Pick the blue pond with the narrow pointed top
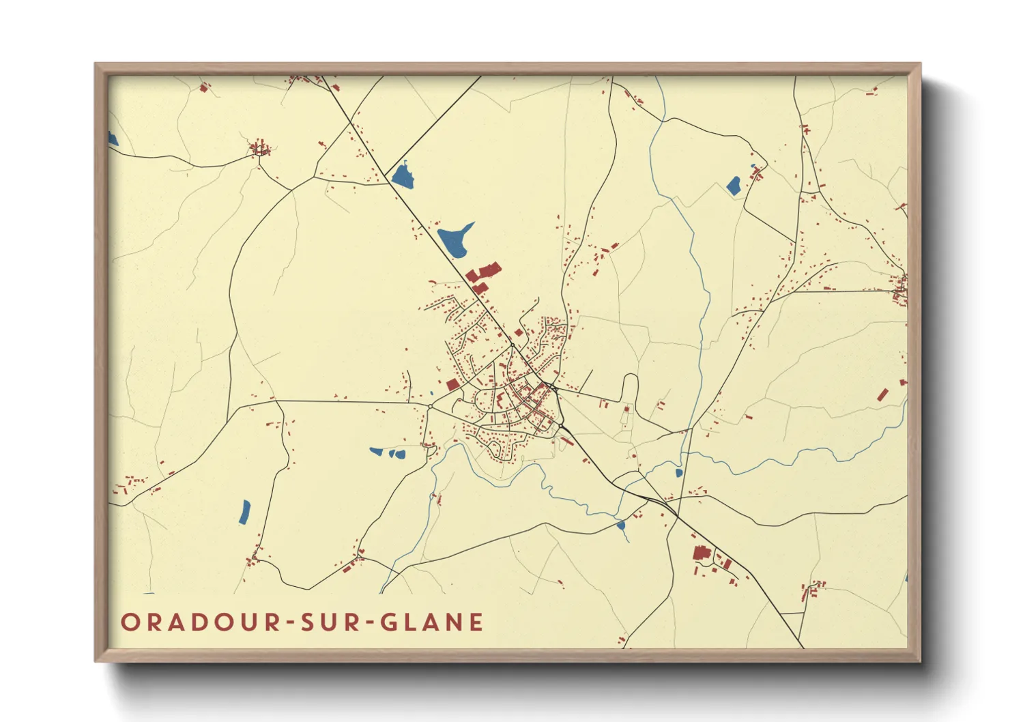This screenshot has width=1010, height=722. pos(403,177)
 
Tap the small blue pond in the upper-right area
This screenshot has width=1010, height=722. pos(734,185)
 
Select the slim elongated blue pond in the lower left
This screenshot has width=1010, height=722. pos(244,512)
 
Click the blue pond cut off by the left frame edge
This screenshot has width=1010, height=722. pos(113,139)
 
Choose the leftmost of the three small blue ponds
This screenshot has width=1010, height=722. pos(376,451)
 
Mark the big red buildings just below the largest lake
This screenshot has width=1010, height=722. pos(483,274)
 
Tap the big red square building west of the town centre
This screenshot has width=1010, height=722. pos(452,385)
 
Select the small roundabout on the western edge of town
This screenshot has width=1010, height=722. pos(431,407)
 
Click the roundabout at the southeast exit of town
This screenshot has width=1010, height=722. pos(561,426)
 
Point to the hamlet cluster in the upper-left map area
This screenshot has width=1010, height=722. pos(259,148)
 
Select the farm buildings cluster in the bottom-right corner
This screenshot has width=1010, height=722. pos(813,588)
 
